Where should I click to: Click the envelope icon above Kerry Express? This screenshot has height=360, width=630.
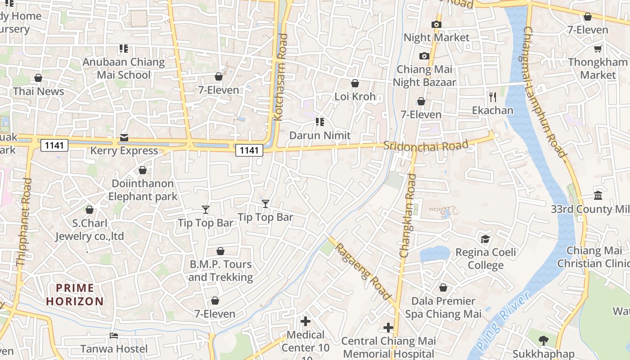(x=124, y=138)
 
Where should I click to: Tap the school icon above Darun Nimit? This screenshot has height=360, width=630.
(x=319, y=122)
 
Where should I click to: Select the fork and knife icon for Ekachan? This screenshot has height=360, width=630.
(x=493, y=97)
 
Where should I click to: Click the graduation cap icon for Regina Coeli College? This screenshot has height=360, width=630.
(x=485, y=239)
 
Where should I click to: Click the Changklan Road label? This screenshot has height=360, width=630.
(x=407, y=216)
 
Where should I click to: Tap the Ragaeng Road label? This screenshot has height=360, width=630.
(x=363, y=271)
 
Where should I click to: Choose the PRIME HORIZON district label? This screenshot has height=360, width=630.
(x=75, y=295)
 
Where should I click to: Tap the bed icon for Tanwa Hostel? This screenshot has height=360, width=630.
(x=114, y=336)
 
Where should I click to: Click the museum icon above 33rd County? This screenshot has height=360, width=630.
(x=598, y=196)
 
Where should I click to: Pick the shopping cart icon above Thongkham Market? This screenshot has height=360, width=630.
(x=598, y=49)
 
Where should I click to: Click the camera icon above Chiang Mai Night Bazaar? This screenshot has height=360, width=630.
(x=424, y=56)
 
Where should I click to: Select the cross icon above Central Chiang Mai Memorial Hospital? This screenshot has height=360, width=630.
(x=388, y=328)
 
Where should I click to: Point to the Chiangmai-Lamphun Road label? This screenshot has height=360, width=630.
(x=545, y=92)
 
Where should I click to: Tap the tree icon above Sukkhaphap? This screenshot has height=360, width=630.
(x=544, y=341)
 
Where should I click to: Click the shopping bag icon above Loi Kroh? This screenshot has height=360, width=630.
(x=355, y=83)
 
